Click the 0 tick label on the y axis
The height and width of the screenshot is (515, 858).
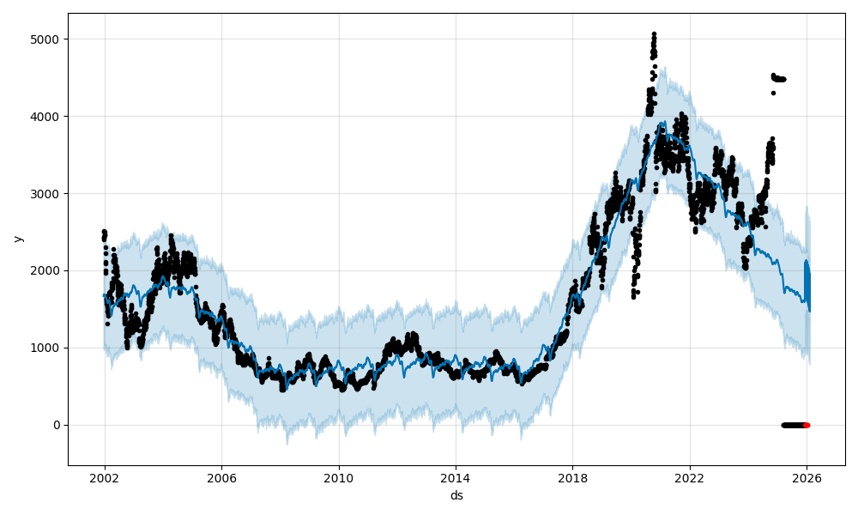(x=57, y=425)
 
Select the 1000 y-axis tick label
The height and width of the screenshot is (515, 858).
(x=47, y=348)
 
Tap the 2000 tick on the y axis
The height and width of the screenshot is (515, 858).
(x=47, y=270)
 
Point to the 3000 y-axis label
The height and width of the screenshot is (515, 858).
(x=47, y=193)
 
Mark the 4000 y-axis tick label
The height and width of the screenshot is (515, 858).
(x=47, y=116)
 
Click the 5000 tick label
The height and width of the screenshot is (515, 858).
(x=47, y=39)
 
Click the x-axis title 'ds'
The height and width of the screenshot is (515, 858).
(x=456, y=496)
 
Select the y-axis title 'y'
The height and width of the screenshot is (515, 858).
(x=18, y=239)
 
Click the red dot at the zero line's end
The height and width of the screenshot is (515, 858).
(x=807, y=425)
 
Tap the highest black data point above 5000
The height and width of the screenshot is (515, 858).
(x=654, y=34)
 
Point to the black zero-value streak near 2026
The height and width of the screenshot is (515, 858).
(x=793, y=425)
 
